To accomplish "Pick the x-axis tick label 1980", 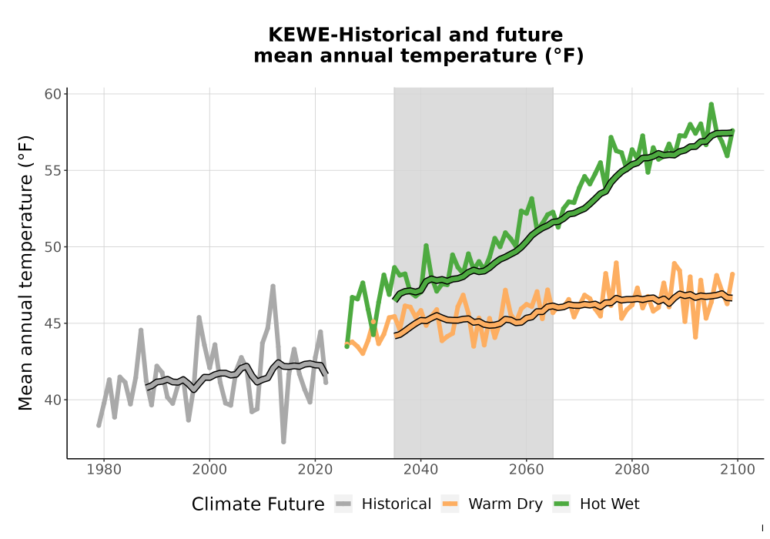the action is point(104,470).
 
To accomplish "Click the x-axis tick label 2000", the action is point(209,470).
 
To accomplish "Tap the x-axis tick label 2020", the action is point(315,470).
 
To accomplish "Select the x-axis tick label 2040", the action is point(421,470).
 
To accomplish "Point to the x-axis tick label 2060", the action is point(527,470).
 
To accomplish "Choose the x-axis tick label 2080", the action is point(632,470).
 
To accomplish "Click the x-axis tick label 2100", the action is point(738,470).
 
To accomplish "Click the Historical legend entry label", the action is point(397,504).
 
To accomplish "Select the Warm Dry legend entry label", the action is point(505,504).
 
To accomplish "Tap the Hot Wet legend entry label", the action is point(609,504).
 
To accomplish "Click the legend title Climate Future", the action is point(258,504).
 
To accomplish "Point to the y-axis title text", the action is point(25,273).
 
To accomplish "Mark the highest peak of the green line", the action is point(711,104).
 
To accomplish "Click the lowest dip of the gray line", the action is point(283,442).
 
